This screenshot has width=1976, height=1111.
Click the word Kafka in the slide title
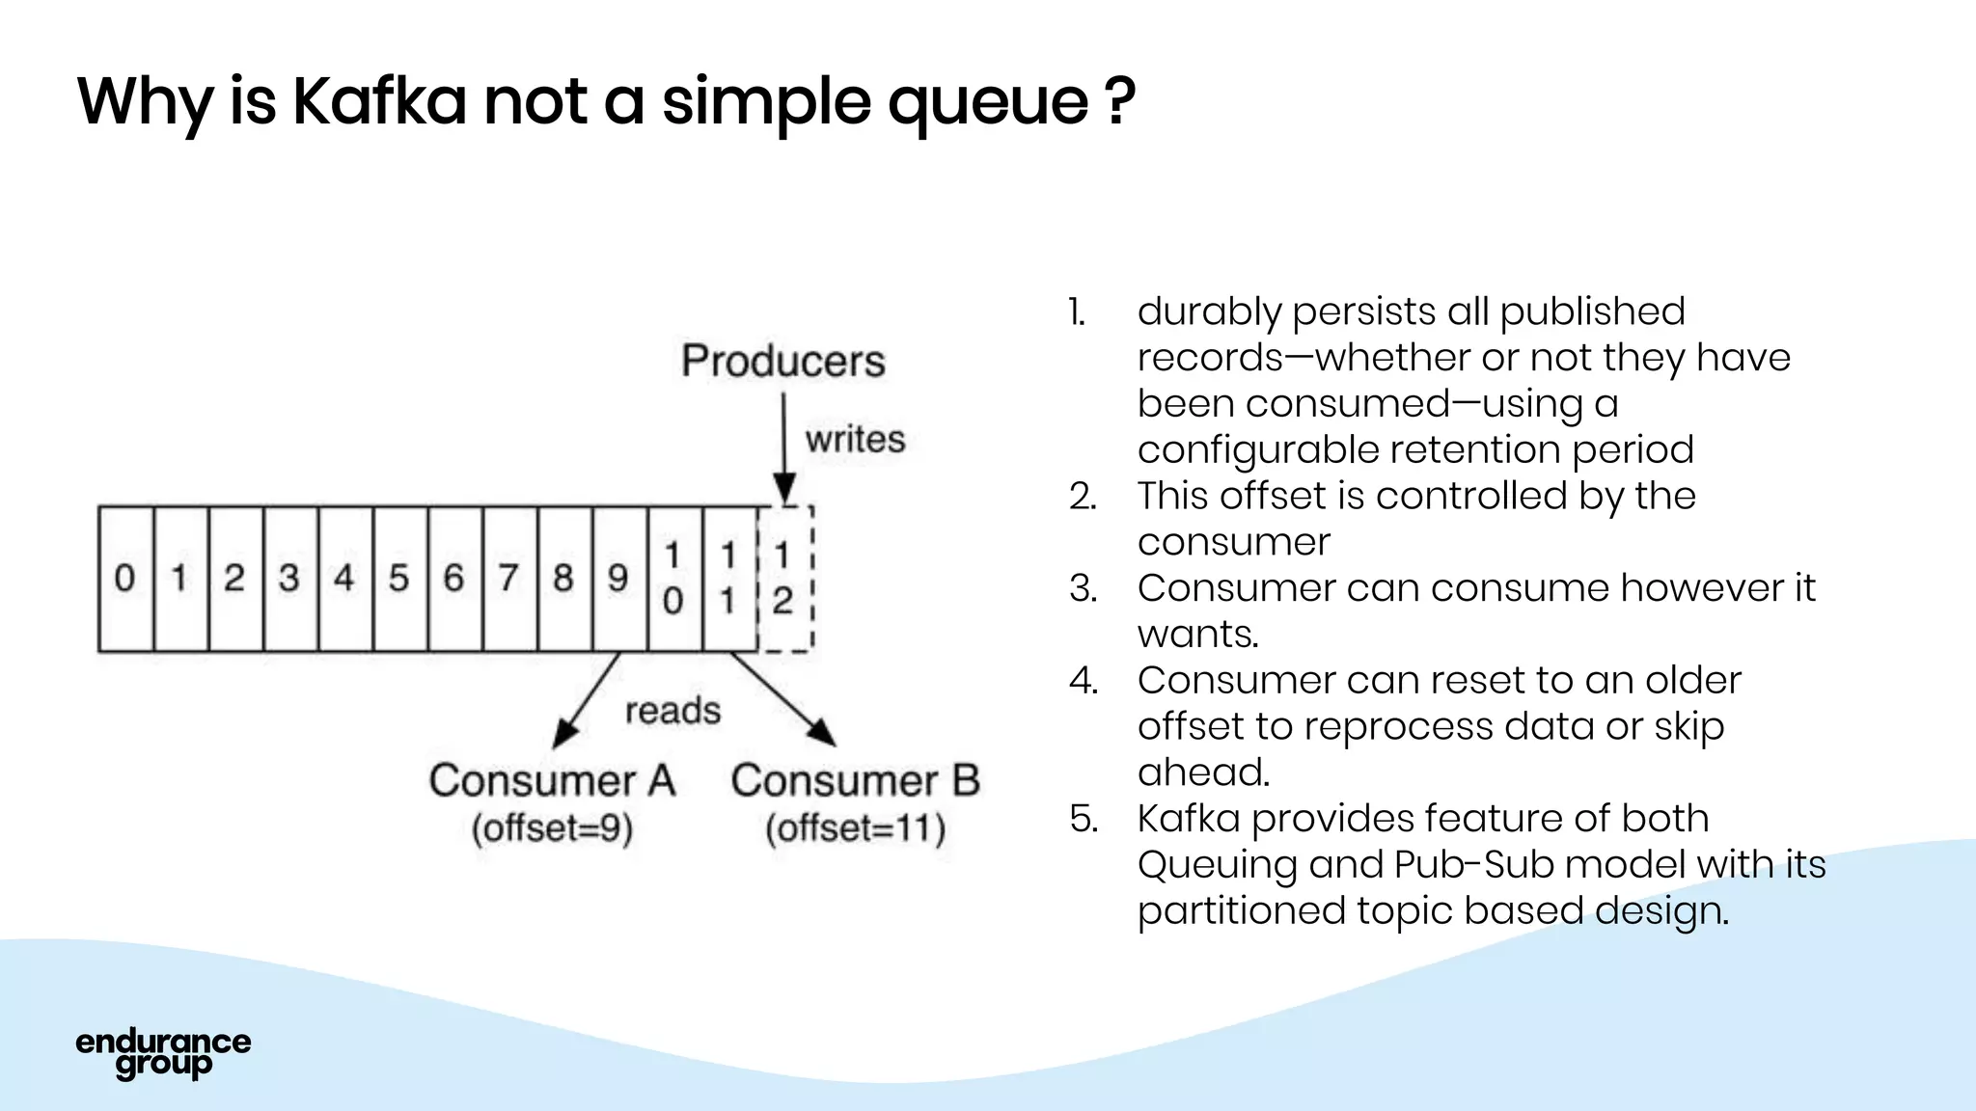click(379, 100)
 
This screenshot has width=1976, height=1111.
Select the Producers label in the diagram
click(782, 362)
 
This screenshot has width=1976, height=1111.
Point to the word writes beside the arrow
click(855, 440)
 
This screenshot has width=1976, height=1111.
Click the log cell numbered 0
click(125, 579)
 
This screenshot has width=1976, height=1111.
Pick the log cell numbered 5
click(399, 579)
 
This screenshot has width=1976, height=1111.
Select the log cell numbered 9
click(618, 579)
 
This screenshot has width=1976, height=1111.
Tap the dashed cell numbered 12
click(783, 579)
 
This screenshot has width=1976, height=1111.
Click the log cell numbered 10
click(673, 579)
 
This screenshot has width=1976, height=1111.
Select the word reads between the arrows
click(672, 712)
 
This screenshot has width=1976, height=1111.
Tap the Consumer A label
click(552, 781)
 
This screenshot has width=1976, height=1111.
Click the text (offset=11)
click(855, 829)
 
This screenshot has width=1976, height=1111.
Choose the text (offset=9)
click(552, 829)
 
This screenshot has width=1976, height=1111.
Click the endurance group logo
click(163, 1053)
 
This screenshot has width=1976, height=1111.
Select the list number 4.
click(1083, 681)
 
